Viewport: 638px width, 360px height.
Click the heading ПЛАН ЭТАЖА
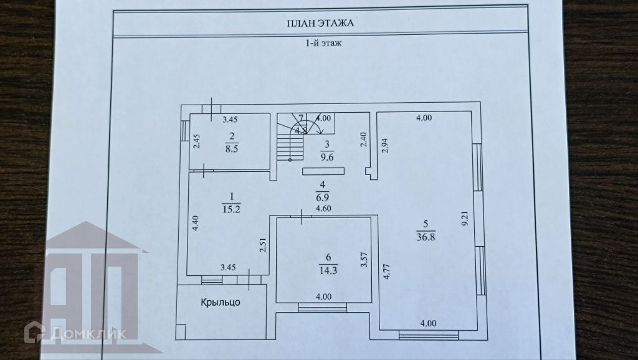coord(320,24)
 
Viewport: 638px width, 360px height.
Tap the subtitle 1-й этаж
coord(320,44)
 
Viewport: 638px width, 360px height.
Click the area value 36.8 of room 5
coord(426,236)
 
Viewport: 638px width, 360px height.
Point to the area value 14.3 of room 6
coord(323,271)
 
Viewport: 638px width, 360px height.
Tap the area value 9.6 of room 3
coord(325,158)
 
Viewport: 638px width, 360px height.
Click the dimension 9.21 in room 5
coord(464,219)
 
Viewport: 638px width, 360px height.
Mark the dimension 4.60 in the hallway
coord(323,209)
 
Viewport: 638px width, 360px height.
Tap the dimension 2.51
coord(264,247)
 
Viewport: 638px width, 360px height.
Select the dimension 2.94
coord(385,144)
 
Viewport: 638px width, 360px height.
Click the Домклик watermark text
coord(88,333)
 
